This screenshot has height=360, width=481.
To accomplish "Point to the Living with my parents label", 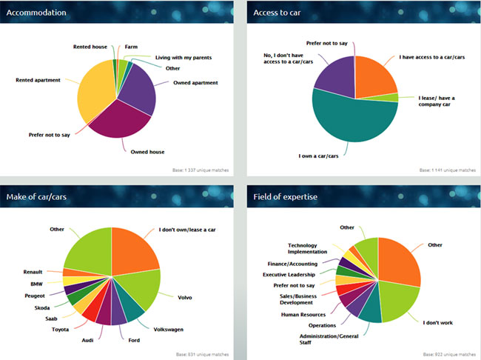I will [x=185, y=57].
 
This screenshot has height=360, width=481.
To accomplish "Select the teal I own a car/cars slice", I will [x=348, y=119].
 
